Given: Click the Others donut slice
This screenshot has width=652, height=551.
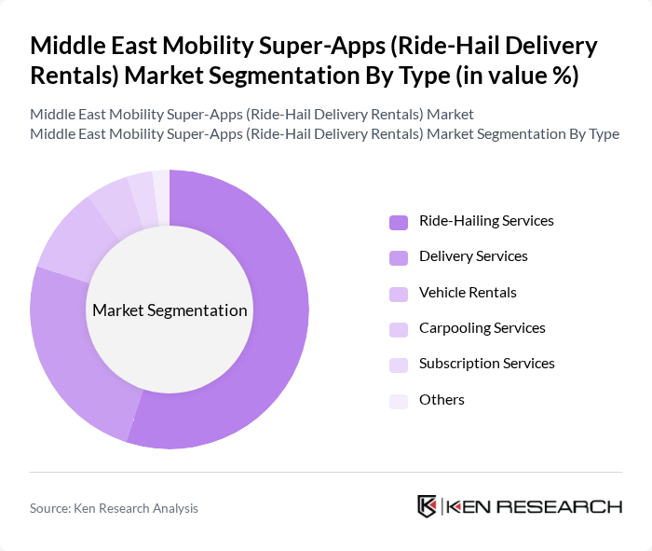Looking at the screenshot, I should point(161,184).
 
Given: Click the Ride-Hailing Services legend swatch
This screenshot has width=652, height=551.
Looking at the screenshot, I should point(399,222).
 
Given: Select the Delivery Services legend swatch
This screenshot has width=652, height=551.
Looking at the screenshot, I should point(399,257).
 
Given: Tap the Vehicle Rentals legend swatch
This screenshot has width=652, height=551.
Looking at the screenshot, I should point(399,293).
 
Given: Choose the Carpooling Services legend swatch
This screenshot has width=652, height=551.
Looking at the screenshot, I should point(399,329).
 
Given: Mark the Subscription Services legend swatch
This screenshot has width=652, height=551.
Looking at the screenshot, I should point(399,365).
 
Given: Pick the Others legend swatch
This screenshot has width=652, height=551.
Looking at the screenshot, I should point(399,401).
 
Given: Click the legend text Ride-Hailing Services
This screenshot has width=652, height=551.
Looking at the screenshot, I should point(486,221).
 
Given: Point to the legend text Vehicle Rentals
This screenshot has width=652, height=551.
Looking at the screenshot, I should point(468,293).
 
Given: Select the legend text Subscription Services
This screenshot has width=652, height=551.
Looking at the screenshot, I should point(486,364).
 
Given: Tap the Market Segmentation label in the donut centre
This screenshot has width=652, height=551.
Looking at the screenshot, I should point(170,310).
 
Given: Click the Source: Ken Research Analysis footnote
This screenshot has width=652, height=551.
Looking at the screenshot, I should point(114,508).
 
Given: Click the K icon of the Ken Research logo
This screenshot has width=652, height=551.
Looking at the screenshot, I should point(428,506).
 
